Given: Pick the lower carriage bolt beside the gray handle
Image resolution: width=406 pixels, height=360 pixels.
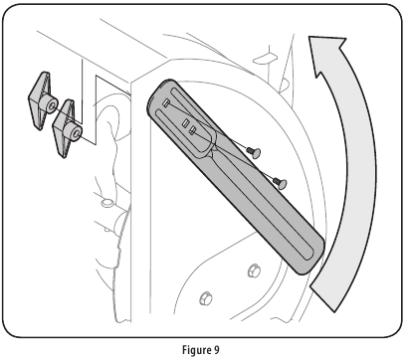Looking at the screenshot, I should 280,181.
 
